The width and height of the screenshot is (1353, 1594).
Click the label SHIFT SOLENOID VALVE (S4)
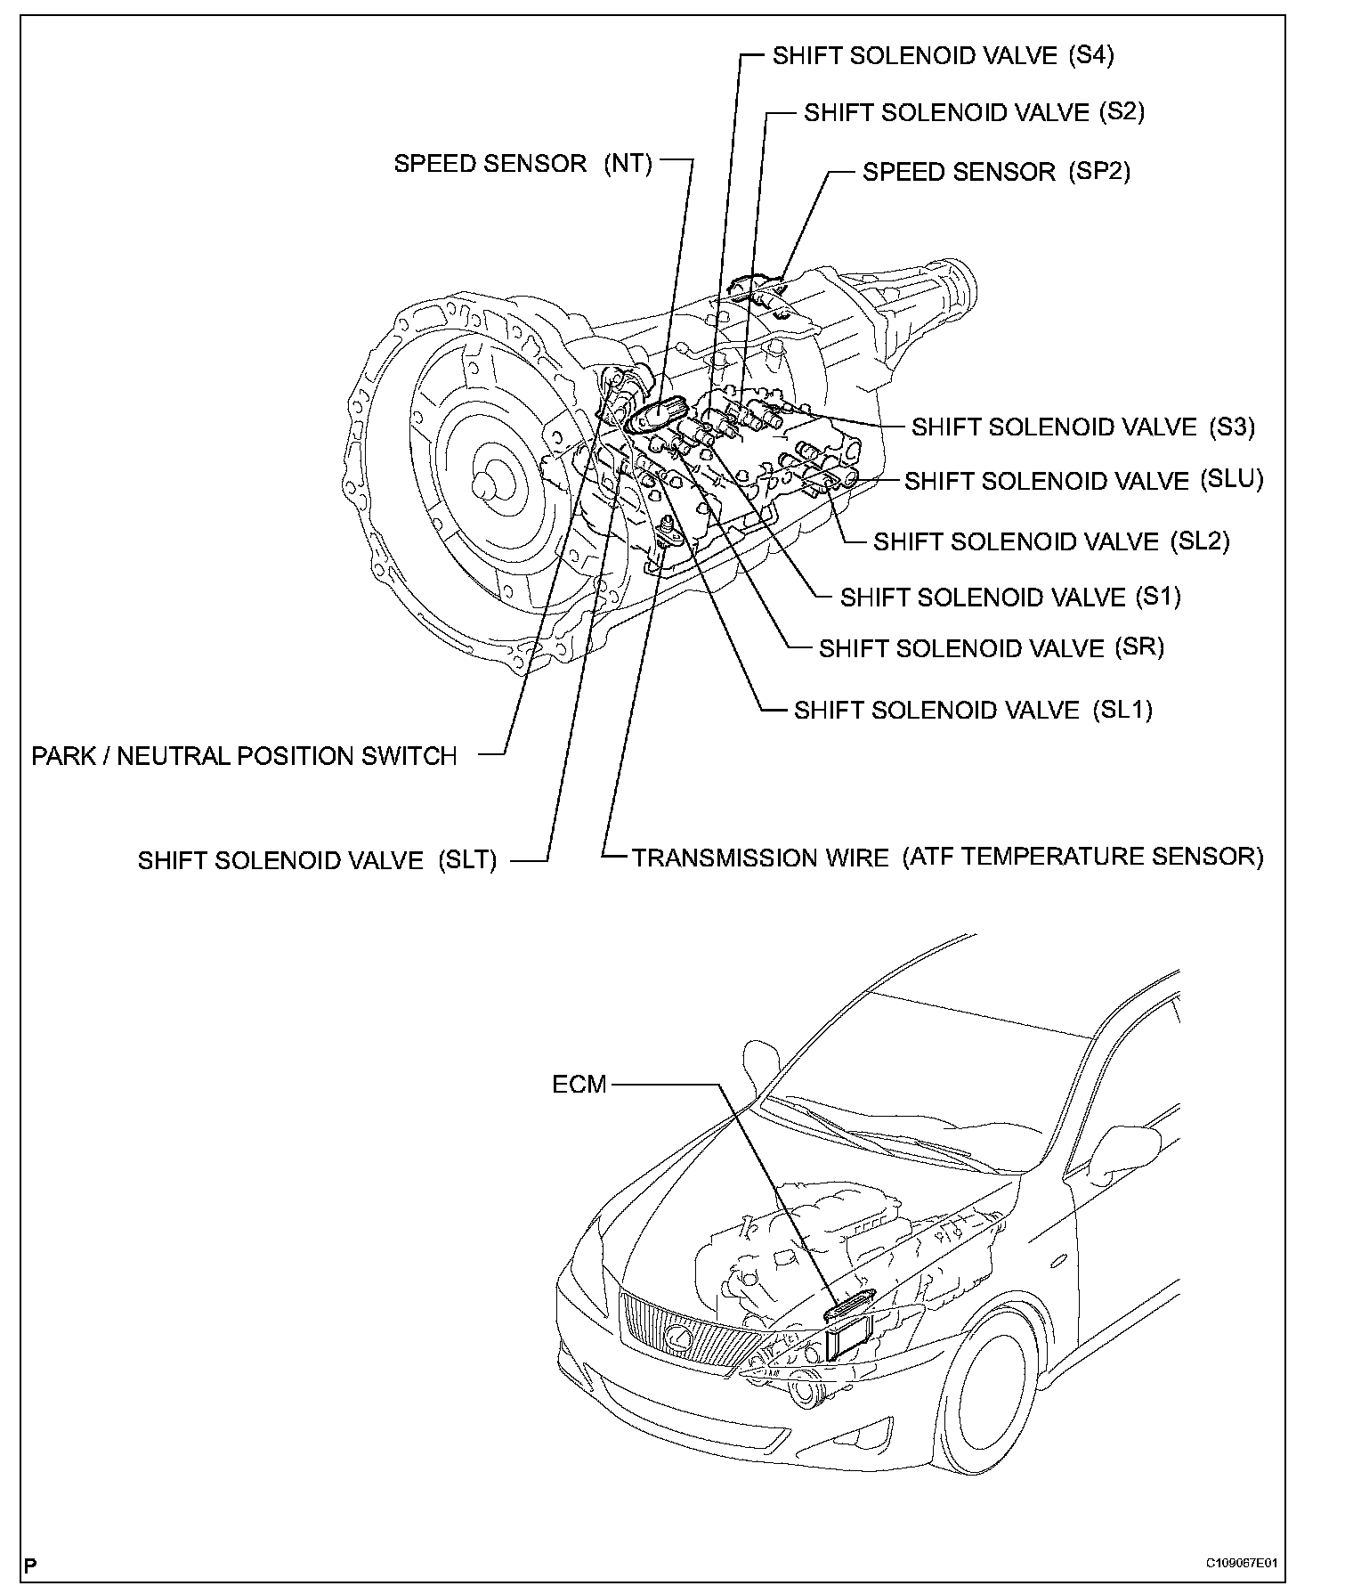(943, 55)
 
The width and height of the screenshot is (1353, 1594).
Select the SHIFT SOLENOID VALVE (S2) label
(974, 112)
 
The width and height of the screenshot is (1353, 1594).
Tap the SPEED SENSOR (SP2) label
(996, 171)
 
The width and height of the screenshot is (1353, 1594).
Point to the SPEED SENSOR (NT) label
(523, 164)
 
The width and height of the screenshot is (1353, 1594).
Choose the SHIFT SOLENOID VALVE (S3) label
(1082, 427)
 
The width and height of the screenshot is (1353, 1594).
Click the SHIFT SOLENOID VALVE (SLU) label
(1083, 481)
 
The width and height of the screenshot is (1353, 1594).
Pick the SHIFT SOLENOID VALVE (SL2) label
(1050, 541)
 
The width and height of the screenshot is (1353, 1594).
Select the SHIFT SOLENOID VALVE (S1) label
(1010, 597)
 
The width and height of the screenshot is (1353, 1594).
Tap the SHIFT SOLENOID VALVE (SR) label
(991, 648)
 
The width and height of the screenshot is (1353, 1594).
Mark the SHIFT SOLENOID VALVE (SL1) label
(973, 710)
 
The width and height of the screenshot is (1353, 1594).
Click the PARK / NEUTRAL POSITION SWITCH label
(244, 756)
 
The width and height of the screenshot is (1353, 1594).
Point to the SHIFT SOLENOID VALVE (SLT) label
(317, 861)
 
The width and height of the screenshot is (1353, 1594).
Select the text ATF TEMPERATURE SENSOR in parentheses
(1083, 857)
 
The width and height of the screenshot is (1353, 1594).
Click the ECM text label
(579, 1085)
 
